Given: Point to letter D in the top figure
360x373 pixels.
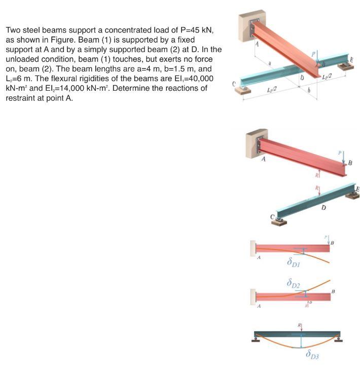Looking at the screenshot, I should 301,78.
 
